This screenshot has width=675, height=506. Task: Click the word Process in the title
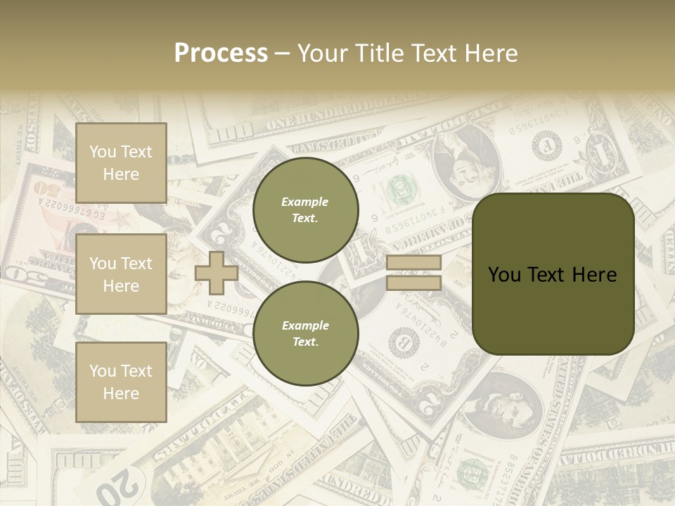(221, 53)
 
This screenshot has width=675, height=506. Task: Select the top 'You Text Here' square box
(121, 163)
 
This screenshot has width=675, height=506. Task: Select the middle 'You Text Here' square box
(121, 274)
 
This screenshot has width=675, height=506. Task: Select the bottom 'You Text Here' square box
(121, 382)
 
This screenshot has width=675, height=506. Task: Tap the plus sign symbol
(217, 273)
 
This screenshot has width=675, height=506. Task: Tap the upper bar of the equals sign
(413, 262)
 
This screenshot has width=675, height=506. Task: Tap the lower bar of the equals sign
(413, 283)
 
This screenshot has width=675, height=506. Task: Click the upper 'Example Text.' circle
(305, 209)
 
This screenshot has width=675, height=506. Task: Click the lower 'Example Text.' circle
(305, 333)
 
